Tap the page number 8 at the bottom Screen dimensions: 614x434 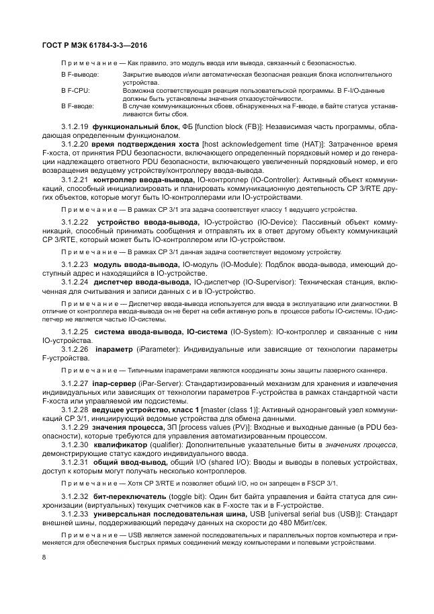pyautogui.click(x=43, y=557)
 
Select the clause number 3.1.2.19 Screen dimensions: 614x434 pyautogui.click(x=75, y=126)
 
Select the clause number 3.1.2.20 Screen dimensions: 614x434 pyautogui.click(x=75, y=145)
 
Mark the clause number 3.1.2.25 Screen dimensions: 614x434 pyautogui.click(x=75, y=332)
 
